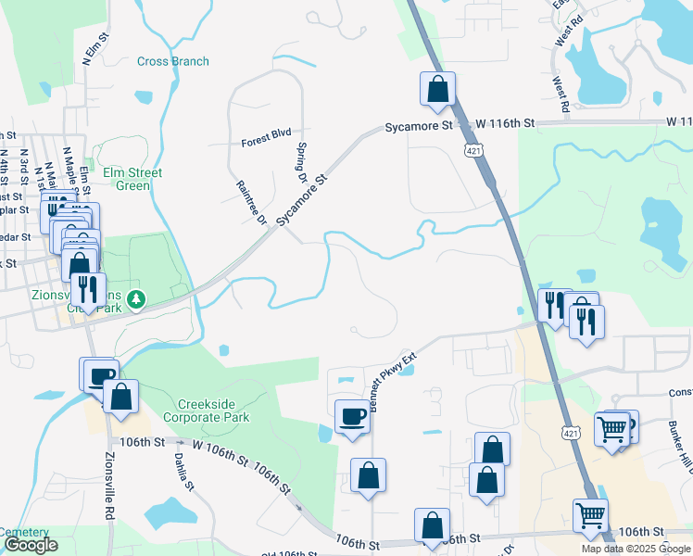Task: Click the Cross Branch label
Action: (173, 62)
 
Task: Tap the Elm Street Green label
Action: (132, 180)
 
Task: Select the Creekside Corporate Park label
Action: (213, 411)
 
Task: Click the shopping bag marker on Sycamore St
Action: (438, 90)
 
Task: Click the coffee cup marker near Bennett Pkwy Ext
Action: (352, 416)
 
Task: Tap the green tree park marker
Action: (137, 299)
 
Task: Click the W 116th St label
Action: (506, 123)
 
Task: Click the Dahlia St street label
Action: (183, 472)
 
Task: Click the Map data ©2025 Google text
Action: (635, 549)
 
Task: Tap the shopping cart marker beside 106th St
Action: (590, 515)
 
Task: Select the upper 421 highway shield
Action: (473, 149)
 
